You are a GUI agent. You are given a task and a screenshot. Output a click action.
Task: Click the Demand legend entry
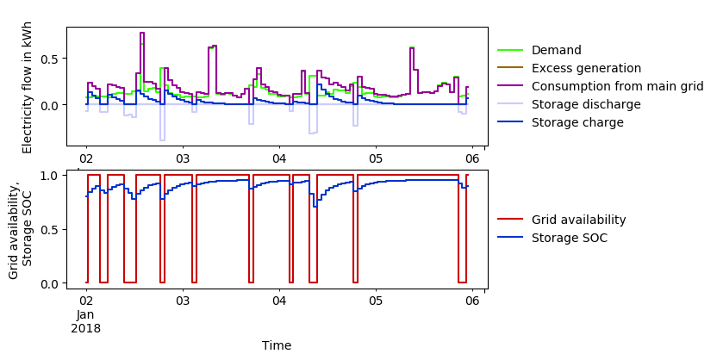[x=556, y=50]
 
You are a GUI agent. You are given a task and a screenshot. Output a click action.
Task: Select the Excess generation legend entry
[x=586, y=68]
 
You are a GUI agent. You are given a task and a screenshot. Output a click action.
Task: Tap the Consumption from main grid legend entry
[x=617, y=86]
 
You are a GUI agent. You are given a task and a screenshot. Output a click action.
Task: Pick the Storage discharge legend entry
[x=586, y=104]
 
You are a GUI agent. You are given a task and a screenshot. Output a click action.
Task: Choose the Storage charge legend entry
[x=577, y=122]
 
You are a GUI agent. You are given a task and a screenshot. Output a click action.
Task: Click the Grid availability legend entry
[x=578, y=220]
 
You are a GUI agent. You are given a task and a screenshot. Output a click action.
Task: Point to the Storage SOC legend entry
[x=569, y=238]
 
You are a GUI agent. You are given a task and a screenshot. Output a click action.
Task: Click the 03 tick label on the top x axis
[x=183, y=159]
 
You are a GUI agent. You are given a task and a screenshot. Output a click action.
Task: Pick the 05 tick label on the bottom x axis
[x=376, y=301]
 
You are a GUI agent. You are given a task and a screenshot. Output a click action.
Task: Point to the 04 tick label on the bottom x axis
[x=279, y=301]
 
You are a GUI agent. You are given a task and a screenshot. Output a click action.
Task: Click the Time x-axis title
[x=277, y=345]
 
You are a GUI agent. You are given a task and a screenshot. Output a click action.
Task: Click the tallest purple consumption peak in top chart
[x=142, y=34]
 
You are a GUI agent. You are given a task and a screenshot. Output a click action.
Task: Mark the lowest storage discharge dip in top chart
[x=161, y=140]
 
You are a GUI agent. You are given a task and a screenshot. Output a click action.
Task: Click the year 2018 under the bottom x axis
[x=86, y=328]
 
